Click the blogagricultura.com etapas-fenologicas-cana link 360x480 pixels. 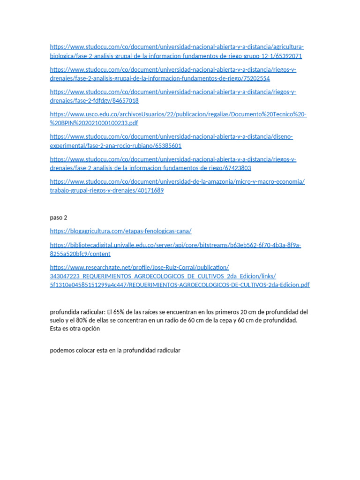click(120, 231)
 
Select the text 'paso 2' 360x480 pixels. click(59, 217)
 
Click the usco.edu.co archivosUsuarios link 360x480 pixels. click(178, 114)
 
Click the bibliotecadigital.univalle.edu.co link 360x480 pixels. click(175, 245)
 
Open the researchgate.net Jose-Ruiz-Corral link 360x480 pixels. click(139, 268)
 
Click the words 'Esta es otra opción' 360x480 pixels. click(75, 329)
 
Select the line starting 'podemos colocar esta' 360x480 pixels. click(115, 351)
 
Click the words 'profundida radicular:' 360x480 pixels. click(78, 312)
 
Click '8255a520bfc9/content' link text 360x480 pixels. click(80, 254)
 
